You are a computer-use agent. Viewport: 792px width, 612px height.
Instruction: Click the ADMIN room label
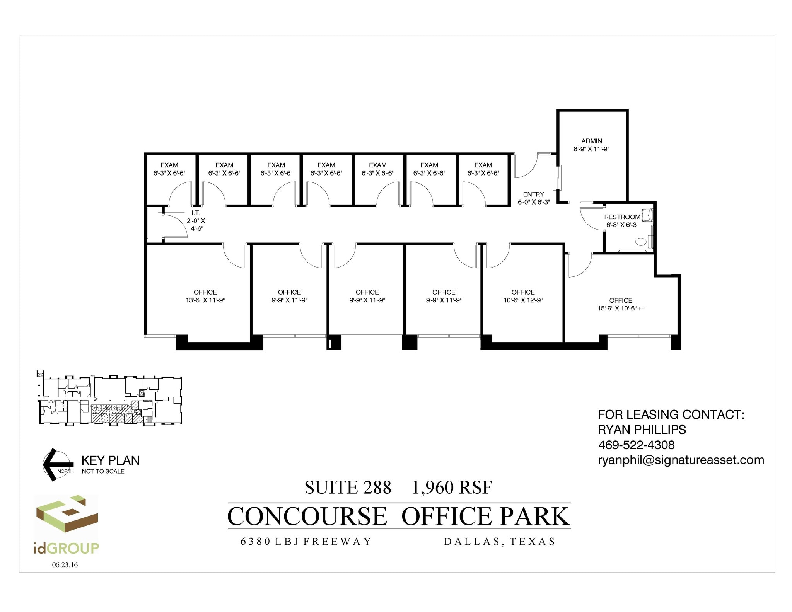coord(591,141)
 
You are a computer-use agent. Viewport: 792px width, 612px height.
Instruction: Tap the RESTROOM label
coord(622,217)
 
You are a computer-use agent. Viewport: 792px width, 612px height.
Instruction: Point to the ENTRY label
coord(533,194)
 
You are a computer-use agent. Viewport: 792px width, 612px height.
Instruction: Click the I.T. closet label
coord(196,213)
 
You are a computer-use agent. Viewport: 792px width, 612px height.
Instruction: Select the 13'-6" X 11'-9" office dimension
coord(205,300)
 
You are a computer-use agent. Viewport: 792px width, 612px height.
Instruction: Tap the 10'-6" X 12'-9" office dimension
coord(523,300)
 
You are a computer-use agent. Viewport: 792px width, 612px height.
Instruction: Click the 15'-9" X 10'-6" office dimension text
coord(620,309)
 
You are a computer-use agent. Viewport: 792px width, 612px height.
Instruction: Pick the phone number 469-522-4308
coord(636,445)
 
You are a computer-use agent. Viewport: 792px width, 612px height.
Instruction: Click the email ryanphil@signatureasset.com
coord(681,460)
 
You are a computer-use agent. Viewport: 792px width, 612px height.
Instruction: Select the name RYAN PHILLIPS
coord(642,430)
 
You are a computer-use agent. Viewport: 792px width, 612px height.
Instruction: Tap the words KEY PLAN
coord(110,460)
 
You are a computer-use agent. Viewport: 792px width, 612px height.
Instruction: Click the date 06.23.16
coord(65,565)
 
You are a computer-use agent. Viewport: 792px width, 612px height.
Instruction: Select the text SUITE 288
coord(348,488)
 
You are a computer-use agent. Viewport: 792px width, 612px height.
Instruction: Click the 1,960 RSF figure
coord(452,488)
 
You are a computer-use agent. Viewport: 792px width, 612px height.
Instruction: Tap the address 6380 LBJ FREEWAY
coord(306,541)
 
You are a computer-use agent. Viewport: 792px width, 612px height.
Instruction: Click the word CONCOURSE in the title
coord(307,516)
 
